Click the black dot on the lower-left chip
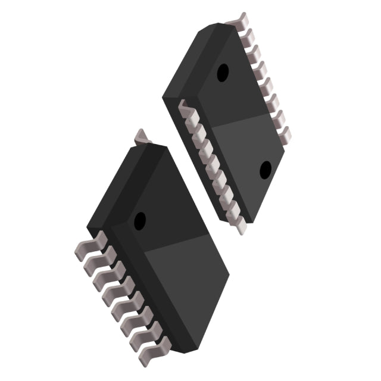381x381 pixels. pyautogui.click(x=140, y=220)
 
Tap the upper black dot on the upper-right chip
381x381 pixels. pyautogui.click(x=223, y=73)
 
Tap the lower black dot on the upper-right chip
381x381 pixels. pyautogui.click(x=266, y=169)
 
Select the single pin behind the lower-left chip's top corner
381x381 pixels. pyautogui.click(x=142, y=136)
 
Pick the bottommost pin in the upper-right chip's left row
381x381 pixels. pyautogui.click(x=238, y=226)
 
